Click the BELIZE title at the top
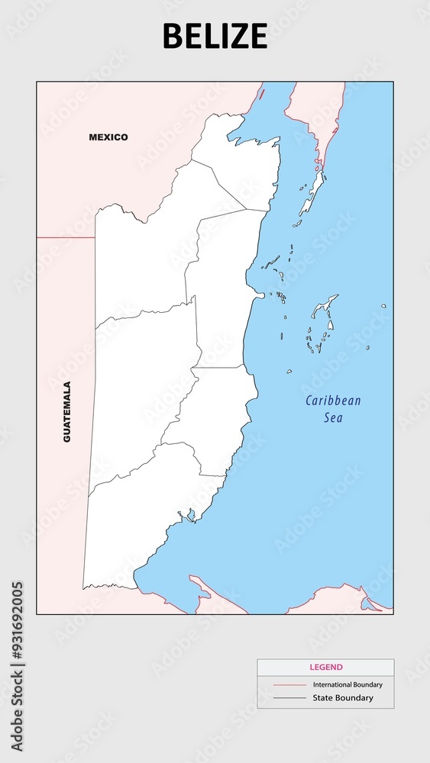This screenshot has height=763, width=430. pos(215,36)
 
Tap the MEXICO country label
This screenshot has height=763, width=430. pos(108,137)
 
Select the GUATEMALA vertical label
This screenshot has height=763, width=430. pos(67,412)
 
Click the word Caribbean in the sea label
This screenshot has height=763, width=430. pos(333,401)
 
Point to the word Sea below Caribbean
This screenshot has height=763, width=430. pos(333,417)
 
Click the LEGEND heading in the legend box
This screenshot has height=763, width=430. pos(326,667)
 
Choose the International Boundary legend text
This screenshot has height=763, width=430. pos(348,685)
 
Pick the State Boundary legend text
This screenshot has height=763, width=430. pos(343,698)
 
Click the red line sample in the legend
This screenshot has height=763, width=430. pos(289,685)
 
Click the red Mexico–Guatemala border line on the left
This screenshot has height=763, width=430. pos(66,237)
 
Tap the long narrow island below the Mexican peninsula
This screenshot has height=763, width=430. pos(310,198)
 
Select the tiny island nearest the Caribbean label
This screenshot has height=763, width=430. pos(289,372)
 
